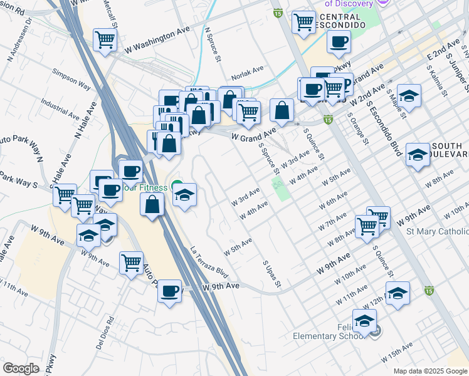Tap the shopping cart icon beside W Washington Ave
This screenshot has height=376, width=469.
click(x=105, y=39)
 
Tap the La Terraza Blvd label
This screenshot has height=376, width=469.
click(x=209, y=263)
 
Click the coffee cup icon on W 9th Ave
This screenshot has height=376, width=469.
click(x=169, y=291)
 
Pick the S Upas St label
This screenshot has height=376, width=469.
click(x=271, y=276)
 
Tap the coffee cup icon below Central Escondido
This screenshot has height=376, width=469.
click(x=339, y=43)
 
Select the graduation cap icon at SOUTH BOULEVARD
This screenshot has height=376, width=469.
click(x=417, y=154)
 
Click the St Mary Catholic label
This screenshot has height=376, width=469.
click(x=437, y=232)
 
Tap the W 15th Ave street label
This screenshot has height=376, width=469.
click(x=397, y=352)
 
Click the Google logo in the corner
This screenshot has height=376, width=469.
click(x=21, y=368)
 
